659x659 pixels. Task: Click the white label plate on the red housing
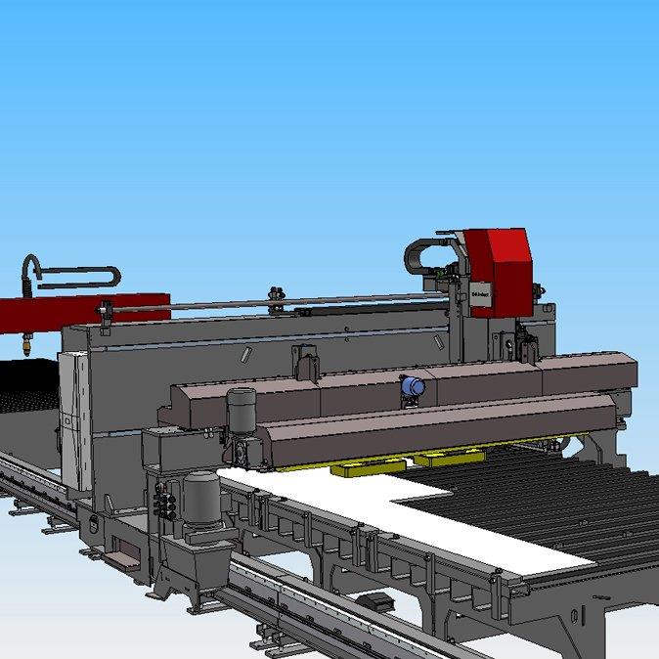click(479, 290)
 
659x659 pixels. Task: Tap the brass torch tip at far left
click(27, 345)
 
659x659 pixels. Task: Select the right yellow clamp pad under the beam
click(450, 456)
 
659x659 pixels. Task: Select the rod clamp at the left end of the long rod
click(102, 312)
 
